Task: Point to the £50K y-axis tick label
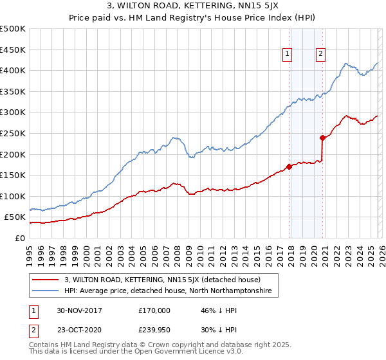pos(15,217)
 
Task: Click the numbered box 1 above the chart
pos(286,54)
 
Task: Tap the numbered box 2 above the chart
pos(320,54)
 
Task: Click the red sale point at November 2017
pos(289,166)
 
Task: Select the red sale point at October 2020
pos(322,137)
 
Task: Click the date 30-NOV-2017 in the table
pos(80,310)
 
